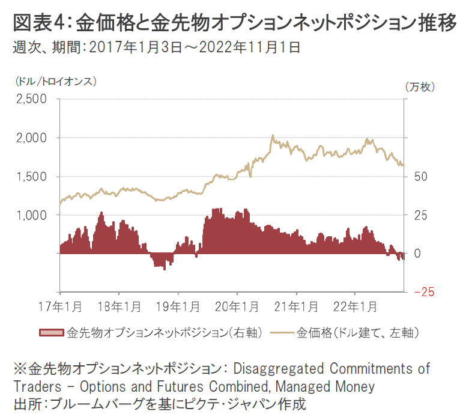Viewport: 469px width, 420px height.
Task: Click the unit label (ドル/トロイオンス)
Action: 53,80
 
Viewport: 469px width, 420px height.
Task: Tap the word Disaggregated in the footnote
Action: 276,368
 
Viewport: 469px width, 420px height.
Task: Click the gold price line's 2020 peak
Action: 273,136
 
